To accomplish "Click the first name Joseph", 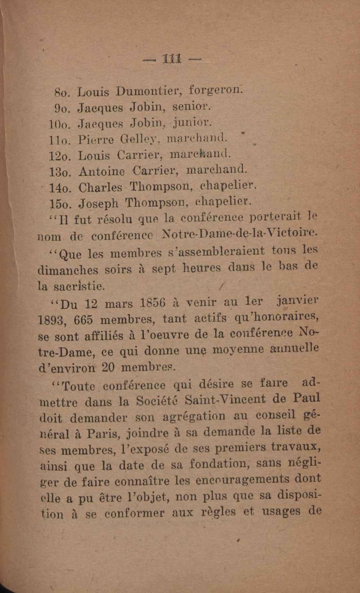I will [99, 204].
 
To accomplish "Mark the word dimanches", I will [68, 270].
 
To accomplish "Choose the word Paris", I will [103, 434].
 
